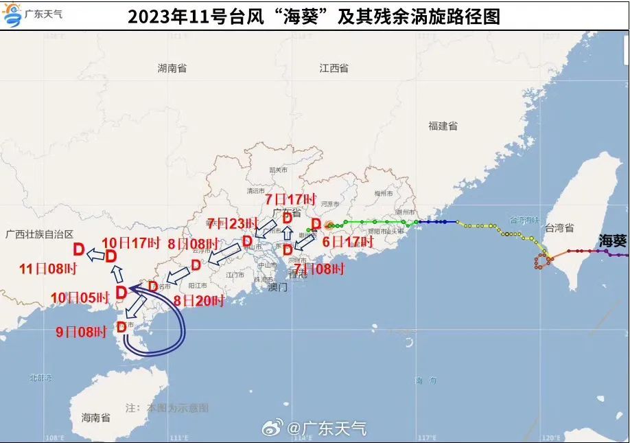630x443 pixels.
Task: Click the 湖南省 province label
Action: pyautogui.click(x=172, y=68)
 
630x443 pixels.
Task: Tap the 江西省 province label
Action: pyautogui.click(x=334, y=68)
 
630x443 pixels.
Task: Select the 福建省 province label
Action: pyautogui.click(x=443, y=126)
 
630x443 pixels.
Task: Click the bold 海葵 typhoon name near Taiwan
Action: pyautogui.click(x=612, y=240)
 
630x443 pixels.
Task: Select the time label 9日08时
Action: pyautogui.click(x=82, y=332)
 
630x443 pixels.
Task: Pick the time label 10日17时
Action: pyautogui.click(x=130, y=242)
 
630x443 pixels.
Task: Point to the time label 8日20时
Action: pyautogui.click(x=200, y=300)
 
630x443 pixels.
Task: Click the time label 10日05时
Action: pyautogui.click(x=80, y=298)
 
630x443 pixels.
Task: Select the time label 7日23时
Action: pyautogui.click(x=232, y=223)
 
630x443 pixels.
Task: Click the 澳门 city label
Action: pyautogui.click(x=278, y=288)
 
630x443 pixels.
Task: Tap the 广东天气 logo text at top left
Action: pyautogui.click(x=43, y=13)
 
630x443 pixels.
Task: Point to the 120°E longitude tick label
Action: pyautogui.click(x=548, y=438)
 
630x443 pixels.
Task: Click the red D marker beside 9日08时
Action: pyautogui.click(x=121, y=327)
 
